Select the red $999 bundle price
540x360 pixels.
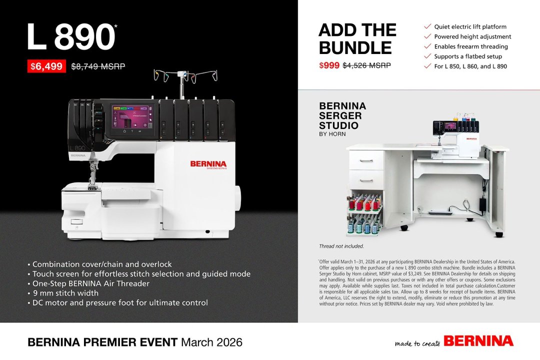[x=329, y=65]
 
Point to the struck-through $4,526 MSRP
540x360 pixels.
[x=366, y=65]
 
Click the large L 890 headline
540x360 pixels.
[x=71, y=37]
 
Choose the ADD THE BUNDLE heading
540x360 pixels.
[x=357, y=39]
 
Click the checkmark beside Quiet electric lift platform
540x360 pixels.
[x=427, y=26]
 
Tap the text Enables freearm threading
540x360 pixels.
[x=464, y=46]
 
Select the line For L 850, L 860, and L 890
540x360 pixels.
[x=470, y=66]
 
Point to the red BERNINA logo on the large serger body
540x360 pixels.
[x=208, y=163]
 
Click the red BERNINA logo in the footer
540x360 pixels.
[x=478, y=341]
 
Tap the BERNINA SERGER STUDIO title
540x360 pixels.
[x=342, y=115]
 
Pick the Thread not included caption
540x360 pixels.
[x=341, y=246]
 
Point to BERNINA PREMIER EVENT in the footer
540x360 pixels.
[x=102, y=342]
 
